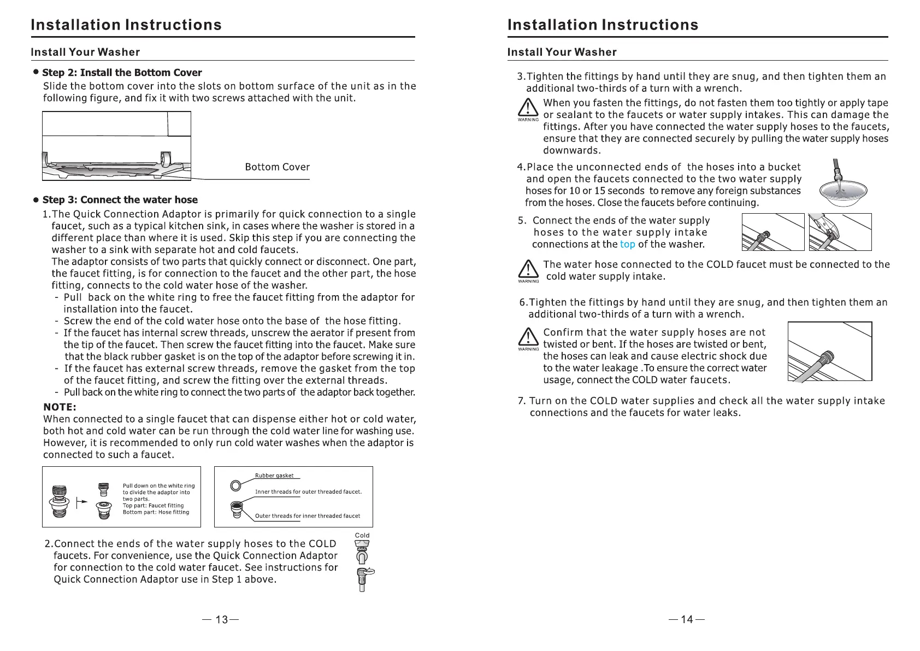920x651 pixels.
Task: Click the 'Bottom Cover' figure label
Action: [x=277, y=167]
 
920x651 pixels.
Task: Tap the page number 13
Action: [x=221, y=619]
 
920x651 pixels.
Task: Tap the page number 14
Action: [x=687, y=619]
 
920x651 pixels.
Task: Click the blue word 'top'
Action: [x=627, y=244]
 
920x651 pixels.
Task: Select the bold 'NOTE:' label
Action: [x=60, y=407]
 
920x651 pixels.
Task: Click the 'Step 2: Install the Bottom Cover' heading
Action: [x=122, y=73]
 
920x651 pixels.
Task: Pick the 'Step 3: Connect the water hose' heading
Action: [x=120, y=200]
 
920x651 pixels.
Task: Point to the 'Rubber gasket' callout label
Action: [x=274, y=476]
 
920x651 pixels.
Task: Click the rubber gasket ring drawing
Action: [x=236, y=485]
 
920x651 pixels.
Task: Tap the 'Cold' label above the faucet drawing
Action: [x=362, y=536]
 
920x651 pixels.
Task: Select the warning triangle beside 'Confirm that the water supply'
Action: [x=528, y=338]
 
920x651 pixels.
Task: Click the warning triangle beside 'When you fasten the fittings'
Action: [x=528, y=108]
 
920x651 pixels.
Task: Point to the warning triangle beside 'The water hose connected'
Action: [x=528, y=269]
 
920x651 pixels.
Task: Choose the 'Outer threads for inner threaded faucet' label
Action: [x=308, y=516]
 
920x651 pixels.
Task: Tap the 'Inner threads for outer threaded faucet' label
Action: [x=308, y=492]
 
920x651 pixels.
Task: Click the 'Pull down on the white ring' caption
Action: [x=158, y=486]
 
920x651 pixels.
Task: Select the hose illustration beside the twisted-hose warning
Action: [x=829, y=351]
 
